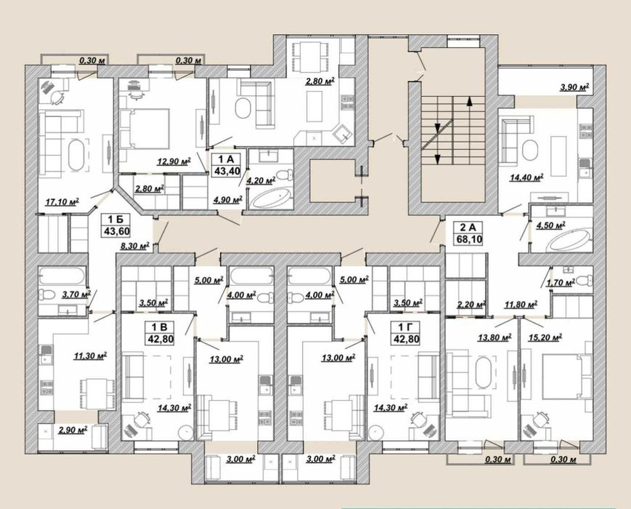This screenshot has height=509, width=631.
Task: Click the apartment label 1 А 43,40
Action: click(x=227, y=165)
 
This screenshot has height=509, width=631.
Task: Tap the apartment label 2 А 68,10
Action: click(x=469, y=233)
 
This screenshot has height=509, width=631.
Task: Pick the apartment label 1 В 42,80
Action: click(x=160, y=333)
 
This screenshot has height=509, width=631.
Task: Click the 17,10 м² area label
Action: click(x=62, y=201)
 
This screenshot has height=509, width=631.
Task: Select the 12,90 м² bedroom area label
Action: click(x=174, y=161)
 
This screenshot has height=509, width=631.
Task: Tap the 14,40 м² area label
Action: click(x=526, y=177)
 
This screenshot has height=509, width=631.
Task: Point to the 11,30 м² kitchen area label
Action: click(x=90, y=356)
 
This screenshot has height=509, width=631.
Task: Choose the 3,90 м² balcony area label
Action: click(x=574, y=87)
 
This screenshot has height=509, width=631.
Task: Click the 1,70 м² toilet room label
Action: click(x=560, y=284)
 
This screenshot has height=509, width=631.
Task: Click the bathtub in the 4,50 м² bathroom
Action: click(x=571, y=241)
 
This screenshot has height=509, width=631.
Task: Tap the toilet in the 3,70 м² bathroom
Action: click(x=47, y=294)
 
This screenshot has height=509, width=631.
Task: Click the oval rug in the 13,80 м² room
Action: click(x=484, y=373)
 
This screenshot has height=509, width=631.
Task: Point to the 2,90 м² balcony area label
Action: click(x=73, y=430)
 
